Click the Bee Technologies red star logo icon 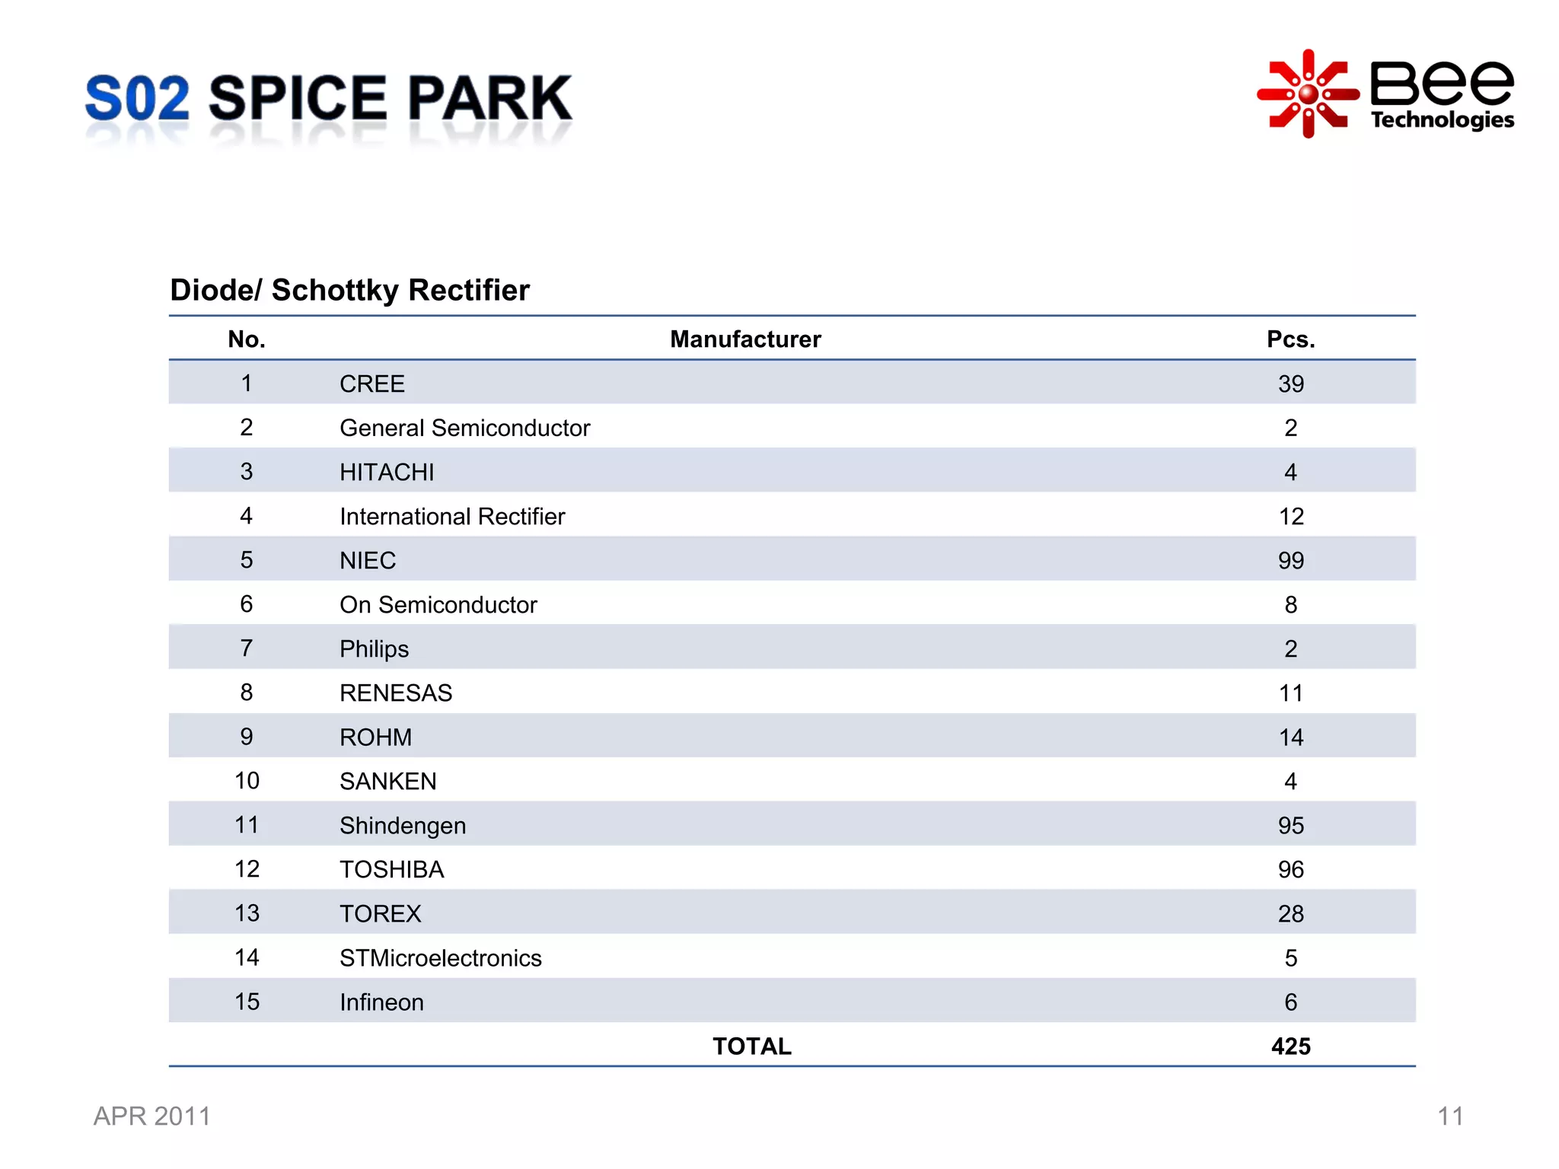click(x=1307, y=94)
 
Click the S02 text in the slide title click(x=137, y=99)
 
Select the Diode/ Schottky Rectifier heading click(x=349, y=290)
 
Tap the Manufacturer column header click(x=745, y=339)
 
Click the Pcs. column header click(x=1290, y=339)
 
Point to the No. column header click(x=247, y=339)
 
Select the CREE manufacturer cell click(x=372, y=384)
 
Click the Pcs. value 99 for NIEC click(x=1290, y=561)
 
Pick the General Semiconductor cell click(x=464, y=428)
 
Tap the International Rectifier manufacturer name click(x=452, y=517)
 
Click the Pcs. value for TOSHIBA click(x=1290, y=869)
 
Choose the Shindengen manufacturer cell click(x=403, y=826)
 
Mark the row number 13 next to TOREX click(x=247, y=913)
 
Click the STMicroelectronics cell click(x=441, y=958)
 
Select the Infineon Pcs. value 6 click(x=1290, y=1002)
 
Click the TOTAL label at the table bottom click(x=751, y=1046)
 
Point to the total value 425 click(x=1290, y=1046)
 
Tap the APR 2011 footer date click(x=152, y=1116)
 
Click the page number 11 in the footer click(x=1449, y=1116)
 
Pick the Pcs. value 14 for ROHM click(x=1290, y=737)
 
